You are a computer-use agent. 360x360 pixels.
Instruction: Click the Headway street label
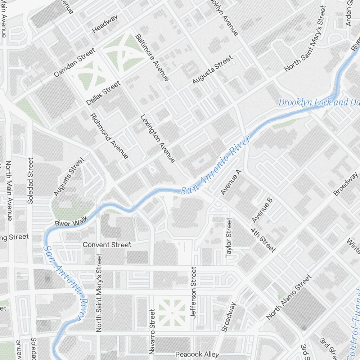coord(105,24)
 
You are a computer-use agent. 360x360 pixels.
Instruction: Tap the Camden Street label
coord(75,63)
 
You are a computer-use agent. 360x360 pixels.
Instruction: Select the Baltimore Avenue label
coord(152,57)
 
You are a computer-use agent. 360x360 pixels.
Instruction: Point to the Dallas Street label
coord(103,93)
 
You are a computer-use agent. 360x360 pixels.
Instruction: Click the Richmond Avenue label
coord(109,136)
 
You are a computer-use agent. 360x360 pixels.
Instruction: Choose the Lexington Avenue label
coord(158,138)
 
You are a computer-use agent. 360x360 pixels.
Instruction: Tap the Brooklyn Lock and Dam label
coord(319,102)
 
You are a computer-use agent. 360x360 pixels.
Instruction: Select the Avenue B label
coord(262,210)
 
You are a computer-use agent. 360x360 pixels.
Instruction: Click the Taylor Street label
coord(228,238)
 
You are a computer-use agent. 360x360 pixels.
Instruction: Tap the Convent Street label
coord(107,245)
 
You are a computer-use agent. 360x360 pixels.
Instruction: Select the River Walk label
coord(71,223)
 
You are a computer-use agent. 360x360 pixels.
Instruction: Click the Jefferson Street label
coord(194,292)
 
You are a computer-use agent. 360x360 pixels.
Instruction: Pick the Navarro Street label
coord(152,331)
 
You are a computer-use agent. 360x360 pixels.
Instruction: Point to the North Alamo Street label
coord(289,297)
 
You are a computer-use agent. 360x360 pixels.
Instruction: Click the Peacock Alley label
coord(197,355)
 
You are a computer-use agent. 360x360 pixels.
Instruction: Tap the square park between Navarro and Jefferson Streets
coord(172,312)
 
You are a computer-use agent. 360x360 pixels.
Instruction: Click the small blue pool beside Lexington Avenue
coord(201,161)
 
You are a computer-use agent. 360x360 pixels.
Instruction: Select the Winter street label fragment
coord(354,245)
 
